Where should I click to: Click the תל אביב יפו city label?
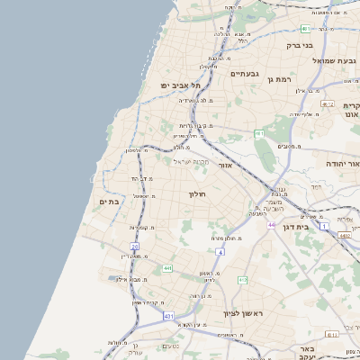coord(180,85)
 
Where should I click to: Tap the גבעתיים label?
coord(245,74)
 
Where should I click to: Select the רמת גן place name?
coord(283,79)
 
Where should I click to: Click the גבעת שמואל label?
coord(310,60)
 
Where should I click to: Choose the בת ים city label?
coord(108,202)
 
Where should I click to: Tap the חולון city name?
coord(197,193)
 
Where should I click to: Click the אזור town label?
coord(225,166)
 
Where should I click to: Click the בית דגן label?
coord(315,229)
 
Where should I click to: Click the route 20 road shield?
coord(135,246)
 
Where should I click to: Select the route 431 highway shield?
coord(169,317)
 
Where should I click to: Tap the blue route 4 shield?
coord(219,251)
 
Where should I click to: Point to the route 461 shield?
coord(259,133)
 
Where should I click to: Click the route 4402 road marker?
coord(345,236)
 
